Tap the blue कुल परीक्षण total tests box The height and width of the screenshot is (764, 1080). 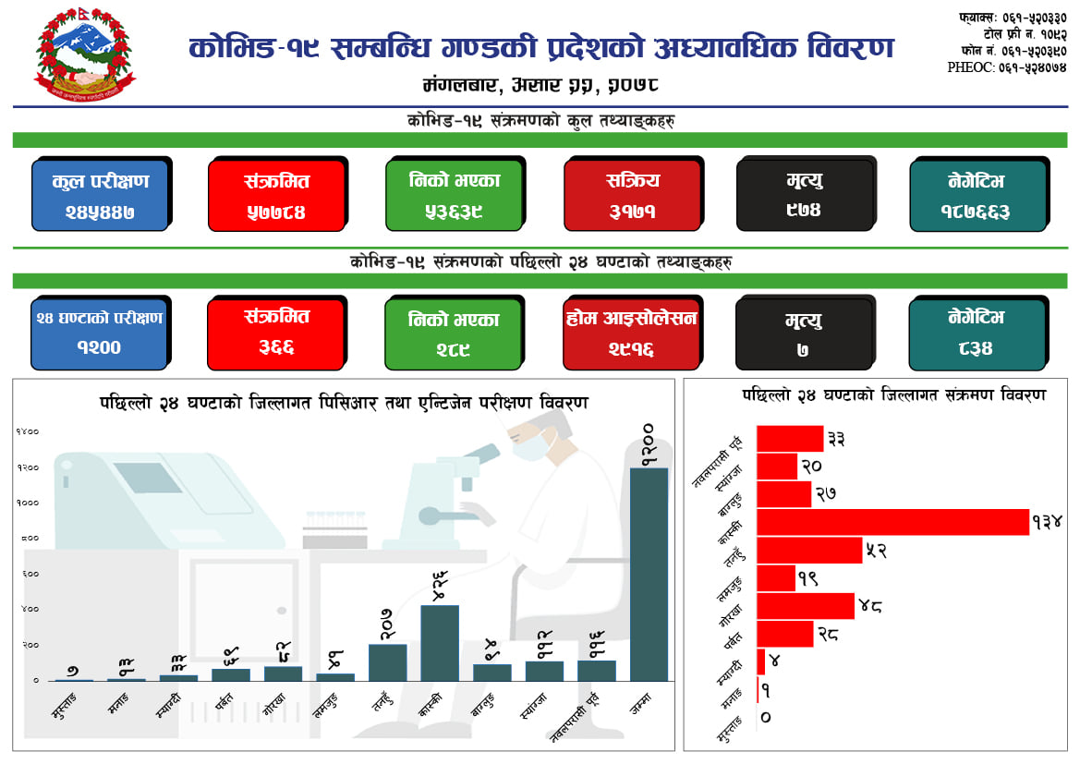100,195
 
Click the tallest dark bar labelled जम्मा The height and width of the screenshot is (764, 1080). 649,573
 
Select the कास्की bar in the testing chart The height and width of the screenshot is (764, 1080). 440,642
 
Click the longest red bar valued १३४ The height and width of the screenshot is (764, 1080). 892,522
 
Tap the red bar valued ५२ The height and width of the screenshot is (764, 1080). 808,551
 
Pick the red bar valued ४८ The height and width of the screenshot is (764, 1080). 805,606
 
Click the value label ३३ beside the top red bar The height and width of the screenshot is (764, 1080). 837,438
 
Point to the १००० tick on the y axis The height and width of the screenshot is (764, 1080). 28,503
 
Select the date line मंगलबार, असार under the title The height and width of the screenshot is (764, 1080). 540,86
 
